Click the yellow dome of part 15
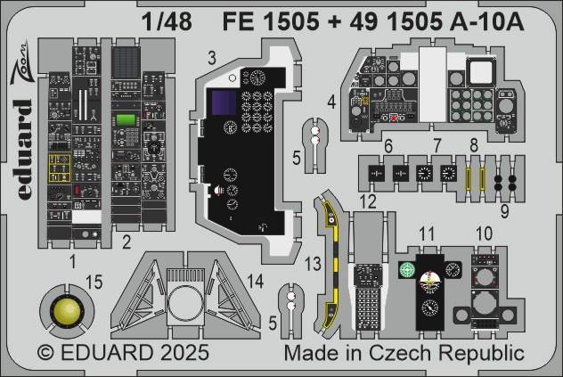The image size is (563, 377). [67, 310]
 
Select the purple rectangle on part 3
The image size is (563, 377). [224, 102]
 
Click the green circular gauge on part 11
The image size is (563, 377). [407, 270]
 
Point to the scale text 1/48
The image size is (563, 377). [167, 22]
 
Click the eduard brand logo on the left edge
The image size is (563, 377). [23, 149]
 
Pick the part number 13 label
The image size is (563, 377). [313, 264]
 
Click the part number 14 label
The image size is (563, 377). [256, 282]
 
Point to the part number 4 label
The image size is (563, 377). [331, 102]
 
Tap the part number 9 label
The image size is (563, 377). [504, 211]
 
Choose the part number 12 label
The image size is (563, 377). [368, 201]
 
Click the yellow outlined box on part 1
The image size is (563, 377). [60, 168]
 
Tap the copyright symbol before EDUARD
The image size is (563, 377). [45, 353]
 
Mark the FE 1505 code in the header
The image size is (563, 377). [271, 22]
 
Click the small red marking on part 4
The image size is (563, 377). [394, 118]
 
